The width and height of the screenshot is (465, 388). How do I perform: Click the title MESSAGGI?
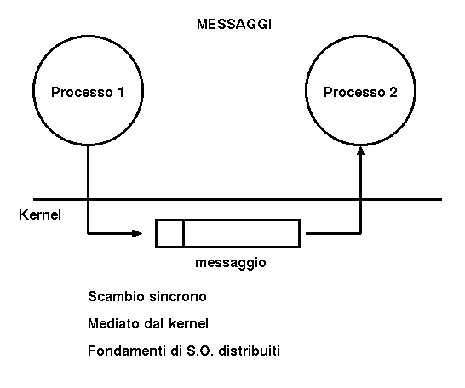[234, 25]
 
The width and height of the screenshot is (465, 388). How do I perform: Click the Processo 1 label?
[88, 92]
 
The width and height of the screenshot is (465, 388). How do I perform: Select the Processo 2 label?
[360, 92]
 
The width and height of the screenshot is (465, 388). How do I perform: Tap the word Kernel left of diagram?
[40, 214]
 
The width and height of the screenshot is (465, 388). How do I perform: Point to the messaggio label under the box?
[231, 263]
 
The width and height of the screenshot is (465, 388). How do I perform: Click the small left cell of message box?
[170, 233]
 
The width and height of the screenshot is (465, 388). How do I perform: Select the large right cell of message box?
[242, 233]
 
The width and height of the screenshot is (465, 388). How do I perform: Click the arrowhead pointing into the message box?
[137, 233]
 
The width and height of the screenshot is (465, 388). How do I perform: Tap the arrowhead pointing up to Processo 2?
[360, 151]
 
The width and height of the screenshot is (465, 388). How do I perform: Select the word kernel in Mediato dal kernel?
[188, 323]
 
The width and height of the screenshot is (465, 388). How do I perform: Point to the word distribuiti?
[249, 351]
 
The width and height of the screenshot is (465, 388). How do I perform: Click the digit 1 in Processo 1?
[120, 92]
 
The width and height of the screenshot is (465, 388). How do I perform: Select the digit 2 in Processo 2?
[393, 92]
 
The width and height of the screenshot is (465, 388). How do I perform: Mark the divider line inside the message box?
[184, 233]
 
